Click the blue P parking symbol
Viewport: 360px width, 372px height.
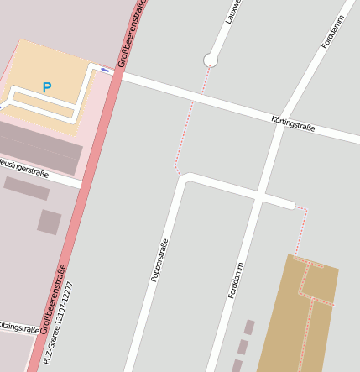coord(47,87)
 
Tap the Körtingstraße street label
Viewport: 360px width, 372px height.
coord(293,123)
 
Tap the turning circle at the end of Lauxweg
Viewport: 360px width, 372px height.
coord(211,60)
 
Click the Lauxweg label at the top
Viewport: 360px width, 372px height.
coord(233,10)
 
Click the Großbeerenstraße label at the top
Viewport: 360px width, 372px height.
coord(132,34)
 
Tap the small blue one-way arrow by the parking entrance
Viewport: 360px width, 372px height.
coord(105,70)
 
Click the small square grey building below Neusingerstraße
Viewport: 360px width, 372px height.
coord(50,222)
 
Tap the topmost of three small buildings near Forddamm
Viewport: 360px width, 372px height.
coord(249,327)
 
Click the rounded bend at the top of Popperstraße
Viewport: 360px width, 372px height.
coord(187,178)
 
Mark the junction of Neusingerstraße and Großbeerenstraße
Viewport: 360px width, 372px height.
coord(82,182)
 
